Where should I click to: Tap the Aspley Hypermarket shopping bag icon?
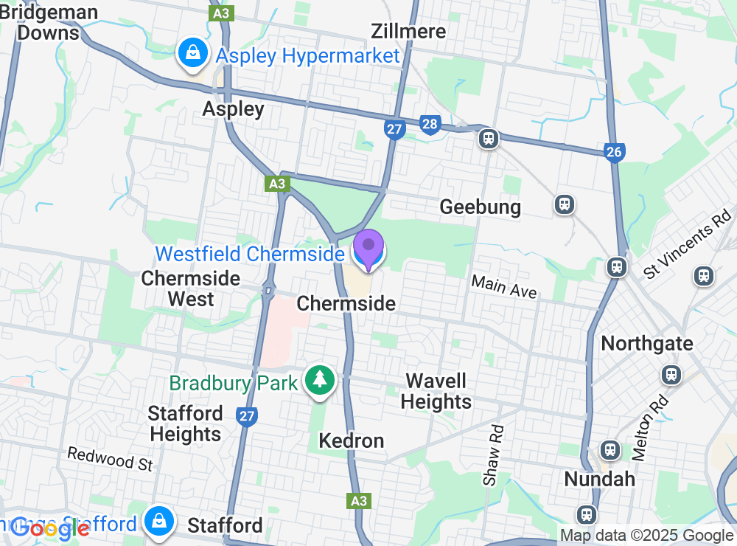pos(192,53)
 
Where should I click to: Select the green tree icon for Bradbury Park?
pos(319,380)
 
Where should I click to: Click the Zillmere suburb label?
pos(409,31)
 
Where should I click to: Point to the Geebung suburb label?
pos(480,207)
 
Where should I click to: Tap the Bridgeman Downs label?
pos(48,22)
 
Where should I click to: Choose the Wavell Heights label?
pos(437,391)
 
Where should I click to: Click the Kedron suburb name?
pos(352,441)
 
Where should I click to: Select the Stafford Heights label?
pos(186,424)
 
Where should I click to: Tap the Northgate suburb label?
pos(647,343)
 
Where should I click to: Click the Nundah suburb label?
pos(599,479)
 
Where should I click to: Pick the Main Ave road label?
pos(504,286)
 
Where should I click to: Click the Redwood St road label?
pos(109,458)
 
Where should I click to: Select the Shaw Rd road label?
pos(493,455)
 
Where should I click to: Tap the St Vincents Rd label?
pos(682,248)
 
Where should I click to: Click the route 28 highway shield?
pos(430,124)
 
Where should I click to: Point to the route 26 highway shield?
pos(614,152)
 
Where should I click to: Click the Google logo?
pos(50,528)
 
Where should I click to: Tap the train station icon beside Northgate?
pos(671,375)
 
